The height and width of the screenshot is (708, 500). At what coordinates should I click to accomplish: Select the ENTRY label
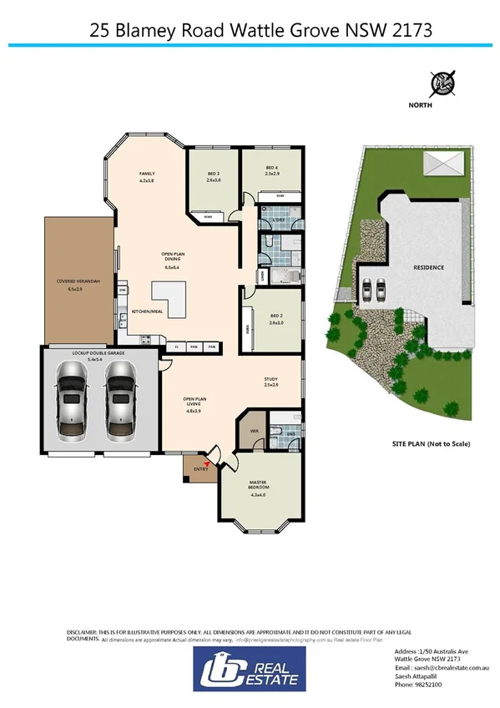pos(200,469)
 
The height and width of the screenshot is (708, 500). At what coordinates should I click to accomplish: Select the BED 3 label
pos(212,174)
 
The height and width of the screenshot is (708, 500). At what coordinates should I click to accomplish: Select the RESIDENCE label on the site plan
pos(428,267)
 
